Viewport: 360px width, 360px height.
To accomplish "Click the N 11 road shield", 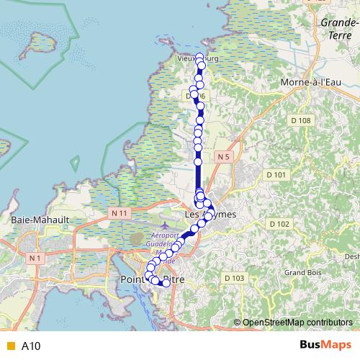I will tap(120, 213).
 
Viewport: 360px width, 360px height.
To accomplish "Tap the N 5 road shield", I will tap(222, 156).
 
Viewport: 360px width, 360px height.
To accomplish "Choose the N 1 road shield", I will tap(35, 257).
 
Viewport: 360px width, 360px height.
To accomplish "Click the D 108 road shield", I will tap(300, 120).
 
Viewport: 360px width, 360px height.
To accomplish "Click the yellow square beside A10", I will tap(9, 346).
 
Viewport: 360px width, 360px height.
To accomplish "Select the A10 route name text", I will tap(31, 346).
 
